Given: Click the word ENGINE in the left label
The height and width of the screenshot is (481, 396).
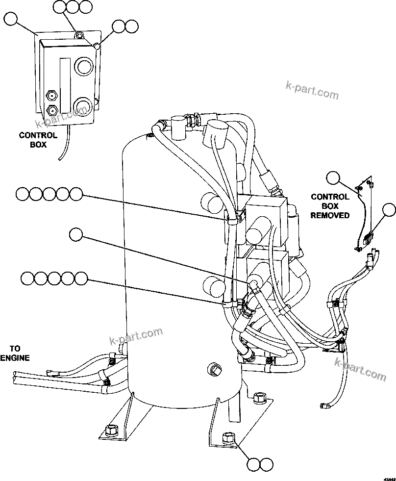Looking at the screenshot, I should click(x=15, y=358).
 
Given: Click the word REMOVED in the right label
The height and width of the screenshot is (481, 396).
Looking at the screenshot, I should click(x=330, y=215).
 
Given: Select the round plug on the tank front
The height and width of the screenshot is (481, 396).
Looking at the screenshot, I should click(x=214, y=369).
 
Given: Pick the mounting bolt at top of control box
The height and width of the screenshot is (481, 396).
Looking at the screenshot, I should click(x=78, y=35).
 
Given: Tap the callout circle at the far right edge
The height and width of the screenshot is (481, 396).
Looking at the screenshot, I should click(x=389, y=209).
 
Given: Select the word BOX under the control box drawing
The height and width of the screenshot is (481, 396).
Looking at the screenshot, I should click(x=38, y=145).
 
